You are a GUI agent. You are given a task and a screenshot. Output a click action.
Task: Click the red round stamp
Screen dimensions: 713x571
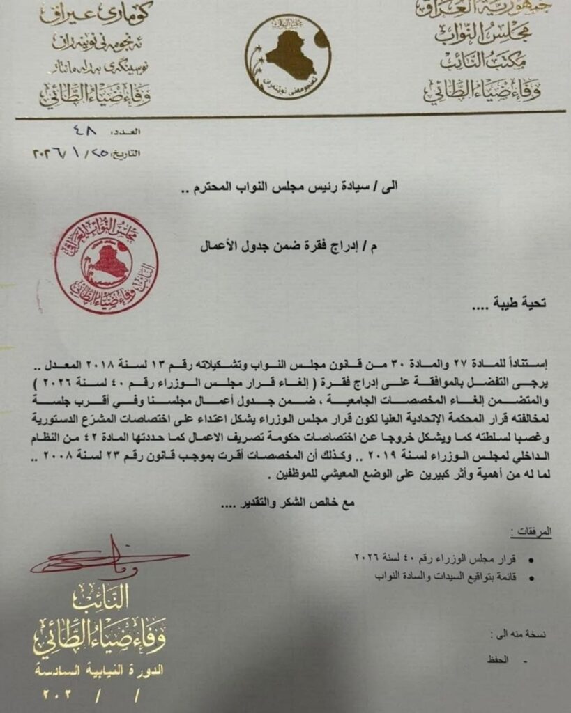(106, 263)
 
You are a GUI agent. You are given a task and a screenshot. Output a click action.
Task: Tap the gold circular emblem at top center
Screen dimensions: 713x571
(287, 56)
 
